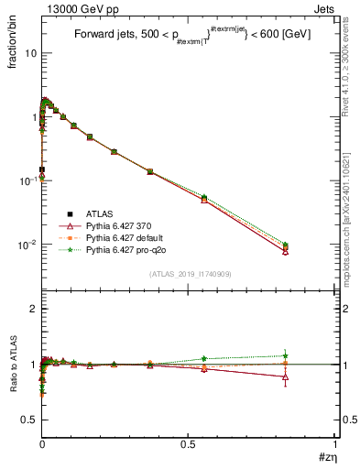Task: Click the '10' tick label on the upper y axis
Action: [x=30, y=53]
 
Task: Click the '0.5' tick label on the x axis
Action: [x=188, y=445]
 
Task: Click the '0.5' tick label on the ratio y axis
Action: [x=31, y=420]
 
